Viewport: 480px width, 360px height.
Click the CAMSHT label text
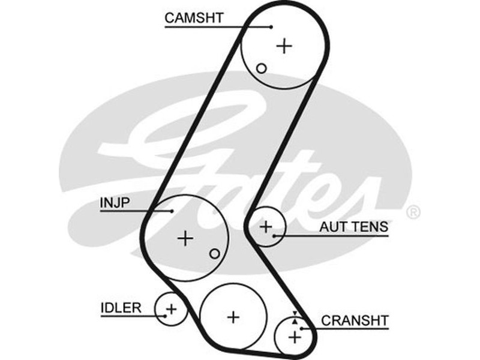click(194, 18)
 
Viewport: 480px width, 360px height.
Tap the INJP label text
click(113, 203)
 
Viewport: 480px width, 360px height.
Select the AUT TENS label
click(353, 227)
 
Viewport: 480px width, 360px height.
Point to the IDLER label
click(121, 308)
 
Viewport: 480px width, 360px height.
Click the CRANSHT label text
click(355, 320)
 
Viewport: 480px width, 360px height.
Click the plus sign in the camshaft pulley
click(284, 46)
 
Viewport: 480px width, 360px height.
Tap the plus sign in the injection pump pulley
click(186, 238)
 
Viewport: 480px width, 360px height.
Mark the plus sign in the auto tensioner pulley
click(265, 227)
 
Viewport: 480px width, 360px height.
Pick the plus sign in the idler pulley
click(172, 310)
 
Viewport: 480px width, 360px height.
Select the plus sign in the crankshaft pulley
click(294, 337)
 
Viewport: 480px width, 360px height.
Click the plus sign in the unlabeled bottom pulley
click(233, 316)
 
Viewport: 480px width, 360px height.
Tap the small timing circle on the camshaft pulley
click(261, 68)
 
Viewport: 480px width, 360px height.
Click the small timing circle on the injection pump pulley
click(214, 254)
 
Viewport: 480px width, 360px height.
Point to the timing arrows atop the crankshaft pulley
click(295, 317)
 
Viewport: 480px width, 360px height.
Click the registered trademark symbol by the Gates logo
click(413, 212)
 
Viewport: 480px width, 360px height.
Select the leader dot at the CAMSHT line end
click(271, 26)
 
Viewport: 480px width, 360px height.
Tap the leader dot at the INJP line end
click(172, 211)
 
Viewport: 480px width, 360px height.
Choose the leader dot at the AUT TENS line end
click(275, 235)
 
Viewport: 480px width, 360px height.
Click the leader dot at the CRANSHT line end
click(301, 328)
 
